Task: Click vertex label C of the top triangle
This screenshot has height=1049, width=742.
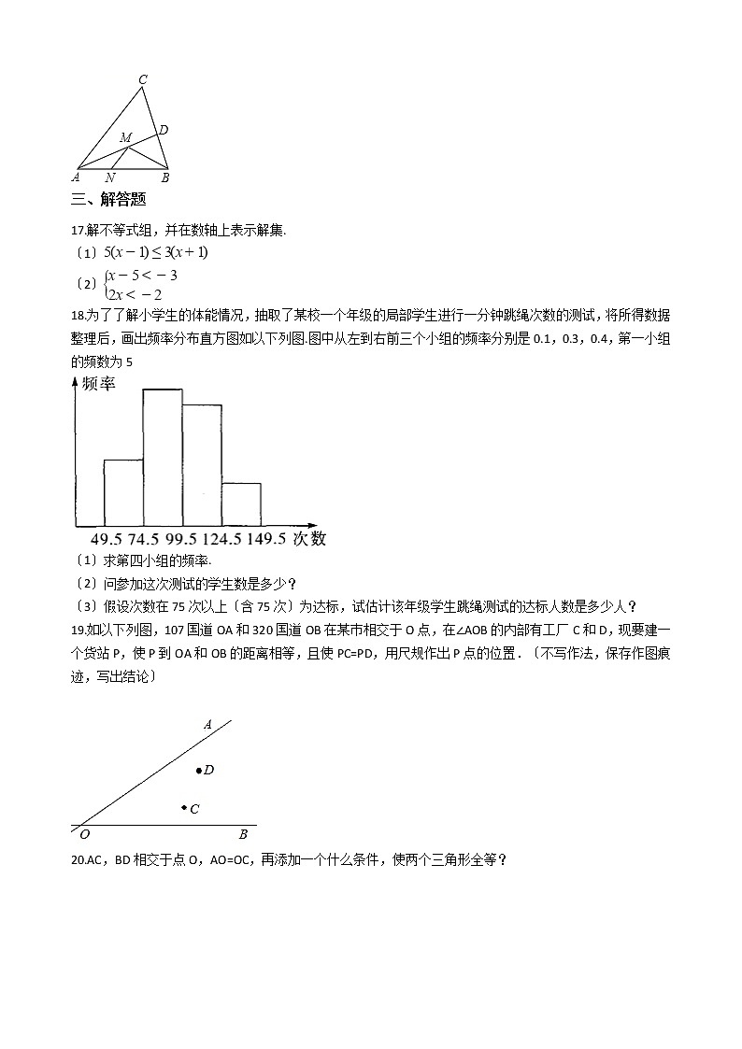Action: click(142, 79)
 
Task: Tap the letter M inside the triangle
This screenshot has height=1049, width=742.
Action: click(125, 138)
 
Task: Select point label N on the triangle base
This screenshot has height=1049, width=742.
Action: click(110, 177)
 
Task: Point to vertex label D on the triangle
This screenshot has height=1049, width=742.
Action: click(163, 130)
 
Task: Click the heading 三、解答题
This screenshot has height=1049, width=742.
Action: click(108, 199)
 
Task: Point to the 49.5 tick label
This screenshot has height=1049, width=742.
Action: click(107, 538)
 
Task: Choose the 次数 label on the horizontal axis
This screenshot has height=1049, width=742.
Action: click(309, 538)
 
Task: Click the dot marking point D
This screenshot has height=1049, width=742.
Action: click(198, 771)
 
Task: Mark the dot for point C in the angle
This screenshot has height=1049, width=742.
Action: click(184, 807)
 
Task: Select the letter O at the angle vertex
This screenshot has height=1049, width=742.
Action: click(84, 834)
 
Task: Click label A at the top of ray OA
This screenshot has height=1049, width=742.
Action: click(208, 724)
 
